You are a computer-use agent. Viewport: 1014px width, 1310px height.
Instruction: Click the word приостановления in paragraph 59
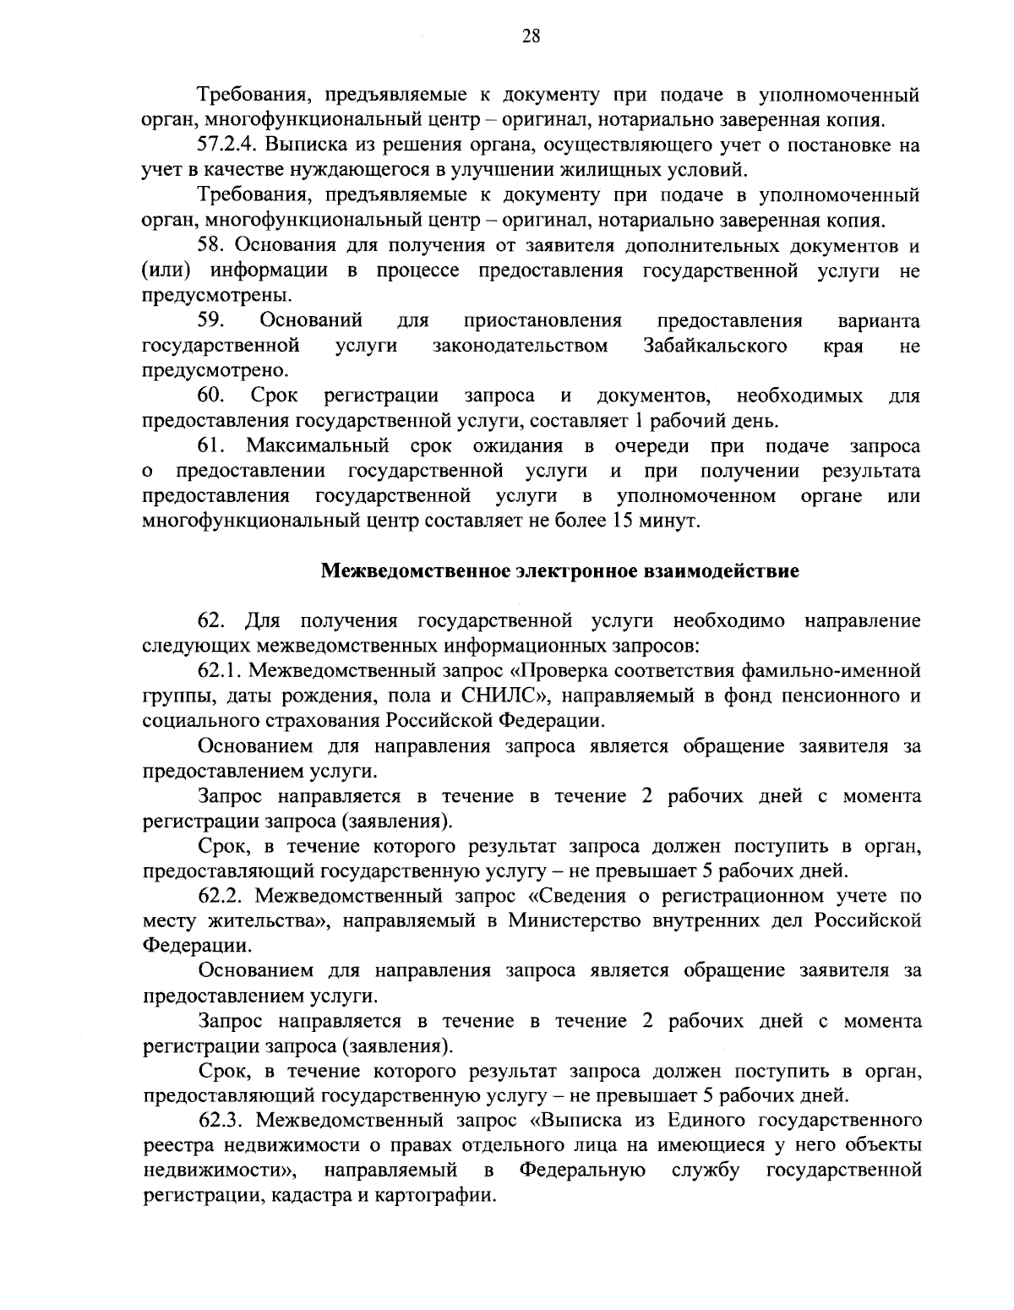[x=542, y=321]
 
